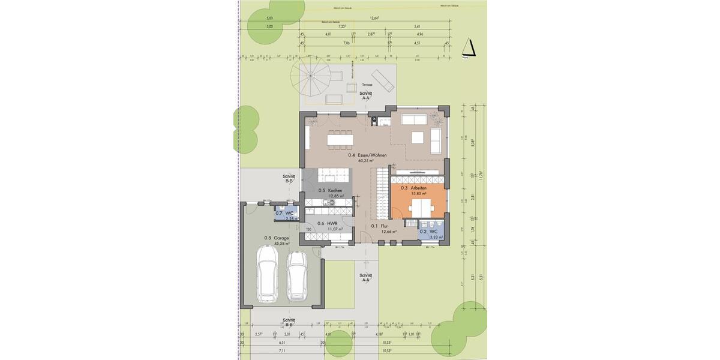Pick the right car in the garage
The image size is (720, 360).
296,276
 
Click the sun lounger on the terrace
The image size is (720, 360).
382,80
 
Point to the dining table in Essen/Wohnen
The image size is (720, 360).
340,139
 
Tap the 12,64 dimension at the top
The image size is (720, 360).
375,19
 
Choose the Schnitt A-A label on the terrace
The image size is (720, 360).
365,95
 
